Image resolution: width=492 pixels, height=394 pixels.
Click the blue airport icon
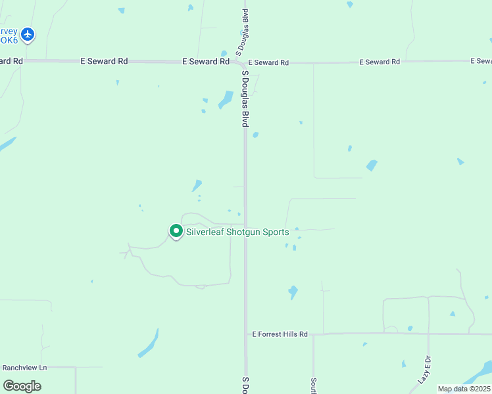(x=27, y=33)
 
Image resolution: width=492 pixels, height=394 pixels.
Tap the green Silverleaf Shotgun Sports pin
(x=176, y=231)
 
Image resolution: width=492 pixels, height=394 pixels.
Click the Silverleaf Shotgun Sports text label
(x=237, y=232)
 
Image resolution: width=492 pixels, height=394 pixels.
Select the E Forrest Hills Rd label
(x=280, y=334)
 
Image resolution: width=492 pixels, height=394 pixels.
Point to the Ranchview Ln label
(x=25, y=368)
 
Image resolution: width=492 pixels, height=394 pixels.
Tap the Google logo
(x=22, y=386)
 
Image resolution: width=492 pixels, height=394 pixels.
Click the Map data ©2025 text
(x=463, y=389)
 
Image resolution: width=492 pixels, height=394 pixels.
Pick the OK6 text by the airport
(x=9, y=39)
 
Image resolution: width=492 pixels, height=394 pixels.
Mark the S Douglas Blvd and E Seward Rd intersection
(x=244, y=62)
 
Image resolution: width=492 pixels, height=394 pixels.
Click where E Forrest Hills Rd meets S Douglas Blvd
(x=246, y=334)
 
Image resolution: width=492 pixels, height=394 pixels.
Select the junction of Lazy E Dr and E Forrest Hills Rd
(x=428, y=334)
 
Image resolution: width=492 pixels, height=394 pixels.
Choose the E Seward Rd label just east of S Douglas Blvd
(x=268, y=62)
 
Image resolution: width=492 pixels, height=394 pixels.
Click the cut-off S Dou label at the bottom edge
(x=245, y=385)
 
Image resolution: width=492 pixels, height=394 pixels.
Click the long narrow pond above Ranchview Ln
(x=149, y=343)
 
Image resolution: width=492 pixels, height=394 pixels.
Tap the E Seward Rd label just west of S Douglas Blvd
(x=206, y=61)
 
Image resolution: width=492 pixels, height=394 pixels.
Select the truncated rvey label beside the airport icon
(x=9, y=31)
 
